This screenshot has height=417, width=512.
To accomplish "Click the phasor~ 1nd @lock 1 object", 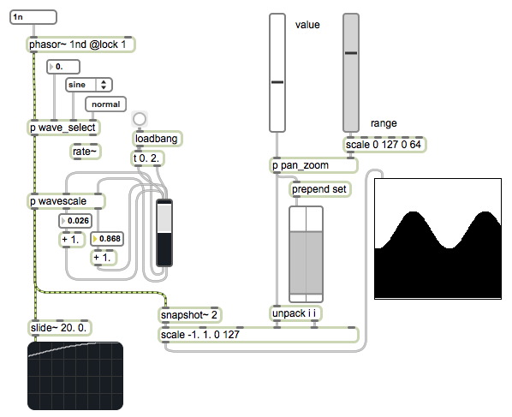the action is point(80,45).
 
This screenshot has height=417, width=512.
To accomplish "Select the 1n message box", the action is point(33,17).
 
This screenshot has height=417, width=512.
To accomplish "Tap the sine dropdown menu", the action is point(89,85).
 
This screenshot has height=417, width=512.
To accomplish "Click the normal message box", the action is point(105,104).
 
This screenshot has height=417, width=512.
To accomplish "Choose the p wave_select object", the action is point(63,128).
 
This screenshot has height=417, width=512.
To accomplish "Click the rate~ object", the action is point(86,152).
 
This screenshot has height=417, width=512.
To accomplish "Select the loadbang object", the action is point(157,139).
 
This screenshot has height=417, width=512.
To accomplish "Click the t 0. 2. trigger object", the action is point(147,158).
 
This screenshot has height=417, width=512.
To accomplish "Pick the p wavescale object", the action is point(66,201).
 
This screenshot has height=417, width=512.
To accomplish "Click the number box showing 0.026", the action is point(75,221).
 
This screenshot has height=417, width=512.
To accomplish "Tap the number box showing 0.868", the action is point(107,239).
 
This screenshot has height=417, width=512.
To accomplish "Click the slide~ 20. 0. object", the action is point(59,328).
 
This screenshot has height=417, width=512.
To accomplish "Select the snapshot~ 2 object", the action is point(189,315).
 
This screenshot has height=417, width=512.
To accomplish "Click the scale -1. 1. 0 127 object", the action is point(259,335).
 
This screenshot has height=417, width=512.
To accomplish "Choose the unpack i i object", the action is point(295,313).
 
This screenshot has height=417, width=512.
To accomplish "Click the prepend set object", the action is point(320,189).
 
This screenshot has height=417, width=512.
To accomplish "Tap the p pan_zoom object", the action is point(313,165).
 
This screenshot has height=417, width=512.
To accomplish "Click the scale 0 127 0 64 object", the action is point(384,145).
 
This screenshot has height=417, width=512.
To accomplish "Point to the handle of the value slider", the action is point(277,82).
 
